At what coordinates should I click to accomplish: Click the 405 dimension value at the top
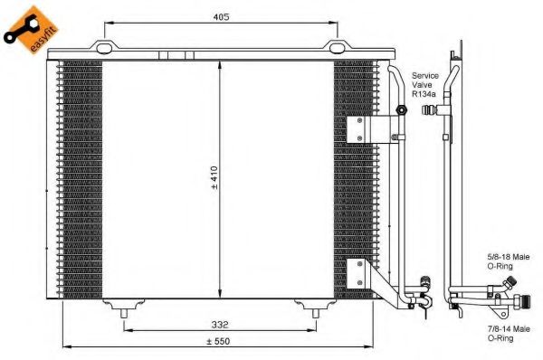[221, 16]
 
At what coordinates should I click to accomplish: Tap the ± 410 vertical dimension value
[214, 177]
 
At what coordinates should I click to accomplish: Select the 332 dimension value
[220, 325]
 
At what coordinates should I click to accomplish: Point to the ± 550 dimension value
[218, 341]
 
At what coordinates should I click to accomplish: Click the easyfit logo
[31, 30]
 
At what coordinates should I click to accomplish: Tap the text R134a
[424, 94]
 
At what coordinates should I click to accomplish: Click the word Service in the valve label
[425, 75]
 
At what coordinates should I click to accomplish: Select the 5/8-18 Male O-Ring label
[509, 261]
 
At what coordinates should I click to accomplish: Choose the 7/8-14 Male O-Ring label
[509, 334]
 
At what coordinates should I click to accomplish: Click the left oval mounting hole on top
[104, 49]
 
